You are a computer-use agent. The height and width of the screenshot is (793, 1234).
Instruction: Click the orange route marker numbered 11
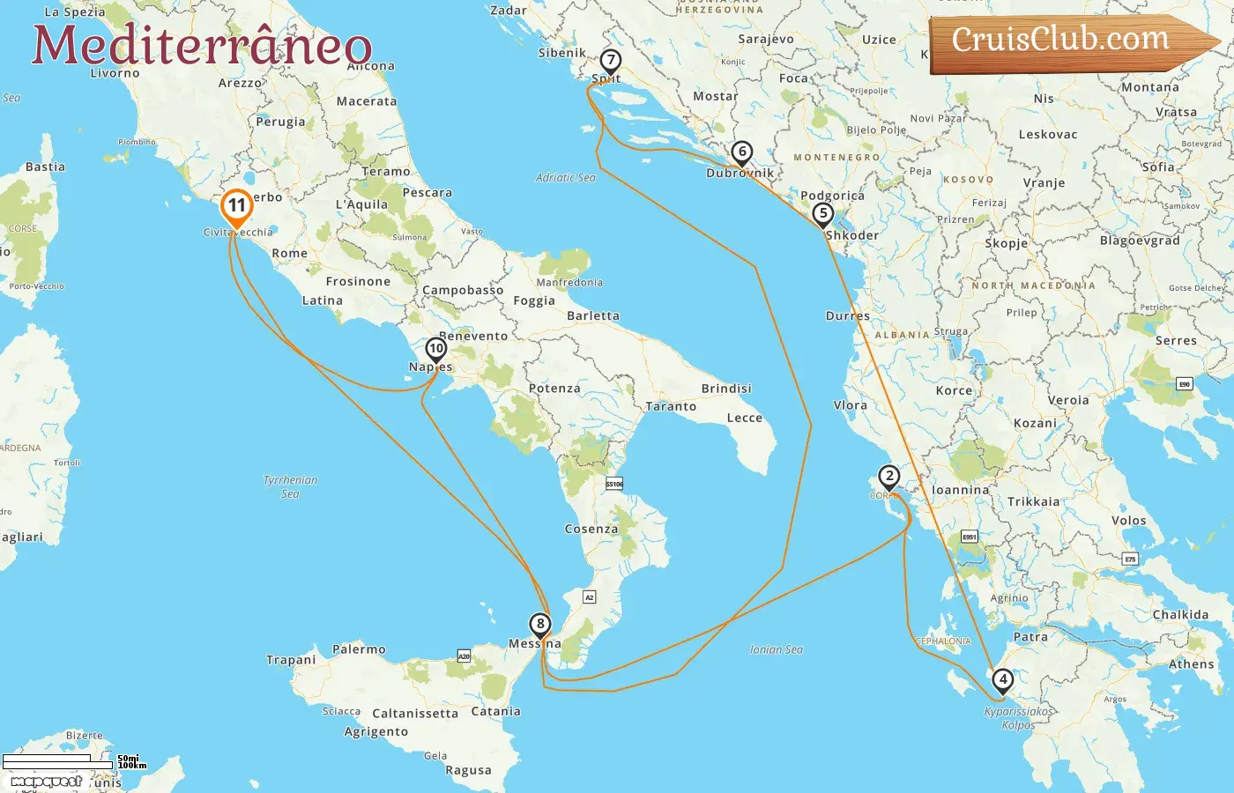236,206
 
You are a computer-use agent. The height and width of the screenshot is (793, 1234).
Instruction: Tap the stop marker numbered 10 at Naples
436,349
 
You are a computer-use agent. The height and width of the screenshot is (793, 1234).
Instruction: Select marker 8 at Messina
540,625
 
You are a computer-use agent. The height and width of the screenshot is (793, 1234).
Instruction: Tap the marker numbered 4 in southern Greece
1002,680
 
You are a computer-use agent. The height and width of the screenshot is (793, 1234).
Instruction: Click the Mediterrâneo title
202,45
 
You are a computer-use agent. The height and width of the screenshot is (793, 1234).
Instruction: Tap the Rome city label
290,253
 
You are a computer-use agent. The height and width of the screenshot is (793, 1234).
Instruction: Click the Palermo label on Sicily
359,649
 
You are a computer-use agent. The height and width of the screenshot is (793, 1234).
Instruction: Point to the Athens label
1191,664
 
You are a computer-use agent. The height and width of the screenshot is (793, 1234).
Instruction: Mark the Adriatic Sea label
565,178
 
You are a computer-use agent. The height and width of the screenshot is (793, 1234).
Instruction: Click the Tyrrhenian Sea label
290,486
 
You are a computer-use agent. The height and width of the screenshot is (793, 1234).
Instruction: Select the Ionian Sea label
776,649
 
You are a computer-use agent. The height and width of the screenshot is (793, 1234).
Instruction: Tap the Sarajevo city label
765,40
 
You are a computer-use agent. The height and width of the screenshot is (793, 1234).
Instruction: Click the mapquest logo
46,781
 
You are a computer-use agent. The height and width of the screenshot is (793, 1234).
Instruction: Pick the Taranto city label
671,406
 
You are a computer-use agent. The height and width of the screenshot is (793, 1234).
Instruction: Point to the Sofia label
1158,167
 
